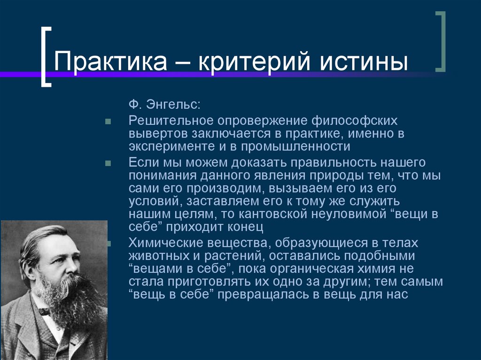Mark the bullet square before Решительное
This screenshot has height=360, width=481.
coord(108,122)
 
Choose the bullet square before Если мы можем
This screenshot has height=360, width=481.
coord(108,164)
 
